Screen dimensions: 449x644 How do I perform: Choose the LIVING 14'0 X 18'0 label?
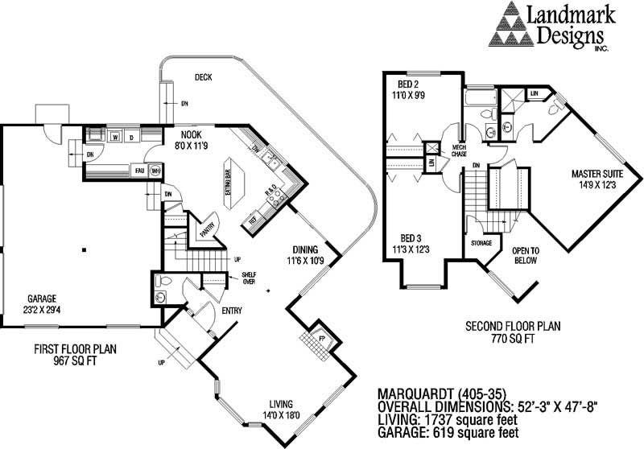281,409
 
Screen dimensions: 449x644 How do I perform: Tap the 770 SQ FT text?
513,340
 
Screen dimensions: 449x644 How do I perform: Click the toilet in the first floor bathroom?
163,282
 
